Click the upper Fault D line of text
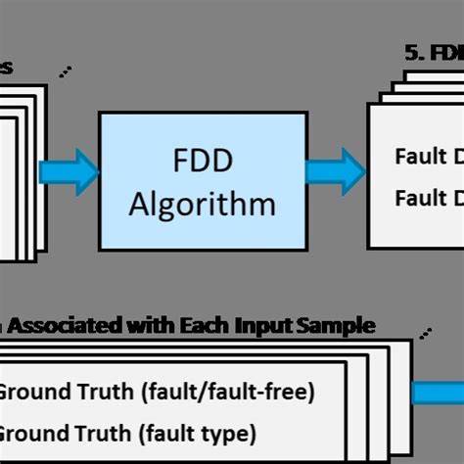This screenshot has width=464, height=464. click(429, 157)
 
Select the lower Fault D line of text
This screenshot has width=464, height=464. click(429, 199)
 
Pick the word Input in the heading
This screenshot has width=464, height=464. click(255, 325)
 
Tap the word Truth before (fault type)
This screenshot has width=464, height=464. click(106, 432)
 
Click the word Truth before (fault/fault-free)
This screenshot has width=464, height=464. click(106, 394)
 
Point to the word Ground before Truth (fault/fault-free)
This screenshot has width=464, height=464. click(33, 394)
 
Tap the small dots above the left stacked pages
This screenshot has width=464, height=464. click(65, 71)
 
